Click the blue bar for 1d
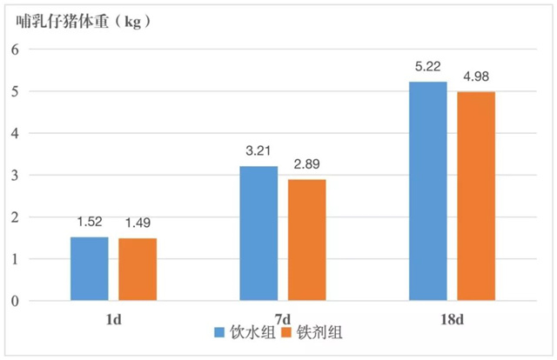[90, 269]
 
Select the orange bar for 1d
[138, 270]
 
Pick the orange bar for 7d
[307, 240]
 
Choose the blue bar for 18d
[428, 191]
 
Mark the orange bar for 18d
[476, 197]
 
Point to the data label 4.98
[477, 77]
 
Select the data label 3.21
[258, 152]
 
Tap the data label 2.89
[307, 165]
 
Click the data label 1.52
[90, 223]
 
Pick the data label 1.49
[138, 224]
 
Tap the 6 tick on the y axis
[15, 50]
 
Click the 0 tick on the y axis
[15, 301]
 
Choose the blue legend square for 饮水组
[218, 332]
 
